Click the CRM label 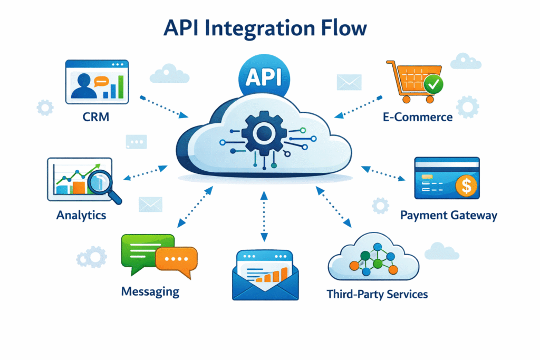96,116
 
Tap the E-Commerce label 418,116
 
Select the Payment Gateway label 448,215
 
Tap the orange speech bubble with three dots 177,260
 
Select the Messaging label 150,291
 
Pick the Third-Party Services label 377,294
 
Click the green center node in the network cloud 378,264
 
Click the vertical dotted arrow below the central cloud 264,216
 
